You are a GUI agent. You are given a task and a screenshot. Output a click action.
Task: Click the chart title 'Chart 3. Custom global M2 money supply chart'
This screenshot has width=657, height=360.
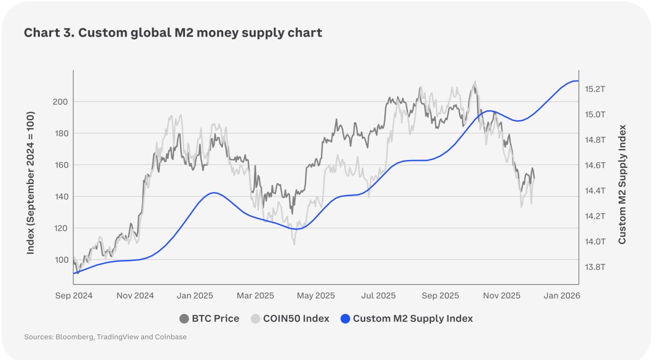point(173,33)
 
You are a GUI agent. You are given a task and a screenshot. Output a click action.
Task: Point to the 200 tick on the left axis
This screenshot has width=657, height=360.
point(61,102)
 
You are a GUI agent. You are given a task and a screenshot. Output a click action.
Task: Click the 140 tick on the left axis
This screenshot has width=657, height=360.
point(61,197)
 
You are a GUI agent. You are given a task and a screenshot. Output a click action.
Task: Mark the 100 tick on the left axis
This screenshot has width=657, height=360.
point(61,260)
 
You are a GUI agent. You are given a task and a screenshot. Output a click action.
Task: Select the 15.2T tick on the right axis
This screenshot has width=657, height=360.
point(595,89)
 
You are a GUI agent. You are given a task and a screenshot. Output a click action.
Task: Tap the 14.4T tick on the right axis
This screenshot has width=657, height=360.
point(595,191)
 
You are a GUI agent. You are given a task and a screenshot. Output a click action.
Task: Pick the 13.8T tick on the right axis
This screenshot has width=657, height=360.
point(595,267)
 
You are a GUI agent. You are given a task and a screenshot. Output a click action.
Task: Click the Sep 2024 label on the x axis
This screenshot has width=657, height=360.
point(74,296)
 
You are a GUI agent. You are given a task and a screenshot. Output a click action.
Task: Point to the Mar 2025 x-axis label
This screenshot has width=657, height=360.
point(255,296)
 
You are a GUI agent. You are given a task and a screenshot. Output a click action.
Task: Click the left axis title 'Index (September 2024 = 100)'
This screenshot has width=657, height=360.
point(31,183)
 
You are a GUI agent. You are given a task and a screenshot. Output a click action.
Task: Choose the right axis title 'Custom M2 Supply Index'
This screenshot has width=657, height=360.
point(622,184)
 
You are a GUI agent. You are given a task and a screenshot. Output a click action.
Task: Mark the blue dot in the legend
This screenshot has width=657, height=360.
point(346,319)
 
